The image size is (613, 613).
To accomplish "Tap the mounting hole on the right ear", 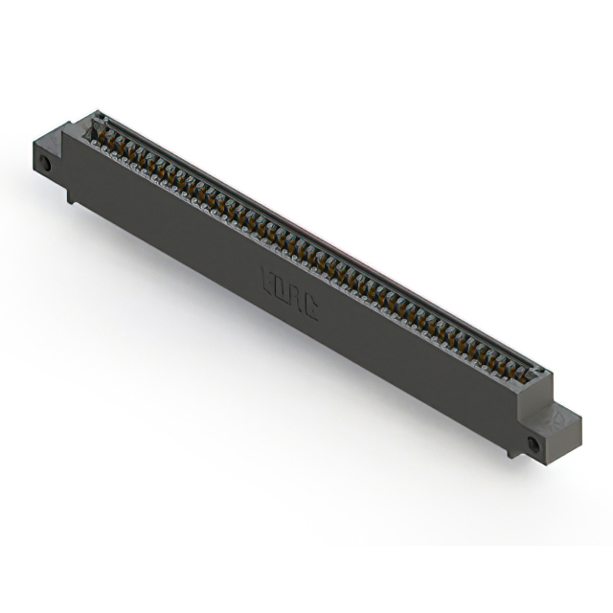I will tap(534, 443).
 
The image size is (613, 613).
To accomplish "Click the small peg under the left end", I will tap(71, 195).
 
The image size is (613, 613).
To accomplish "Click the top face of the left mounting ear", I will tap(50, 141).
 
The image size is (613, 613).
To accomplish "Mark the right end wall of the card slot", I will tap(538, 375).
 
